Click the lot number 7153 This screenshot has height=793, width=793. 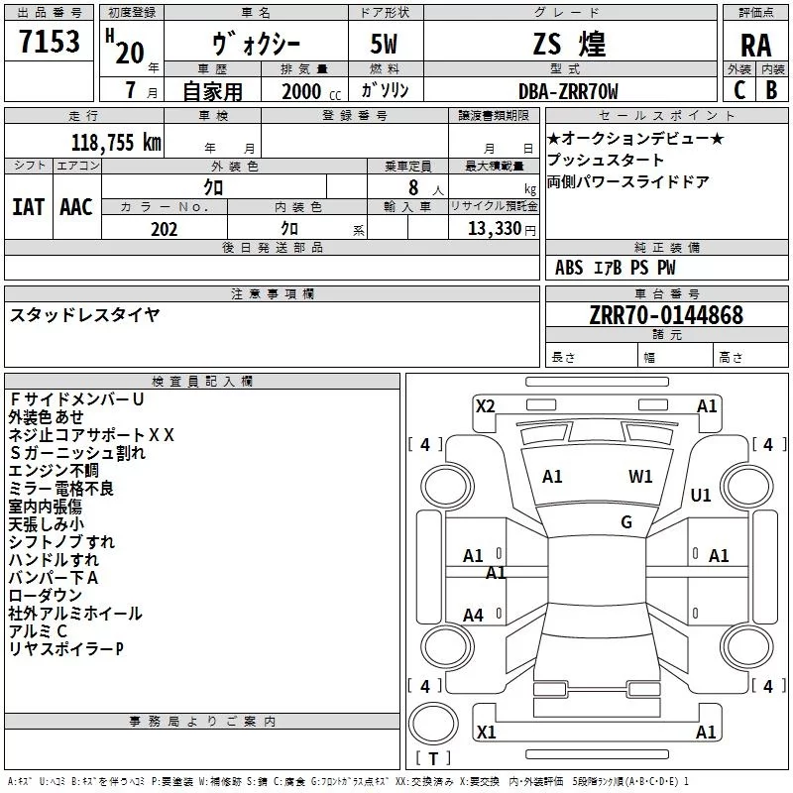[50, 41]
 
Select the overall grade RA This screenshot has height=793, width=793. [756, 46]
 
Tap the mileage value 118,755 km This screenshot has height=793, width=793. [116, 143]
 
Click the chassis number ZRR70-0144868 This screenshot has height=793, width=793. [666, 314]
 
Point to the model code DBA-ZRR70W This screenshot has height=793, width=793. [568, 91]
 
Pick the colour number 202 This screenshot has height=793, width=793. [164, 229]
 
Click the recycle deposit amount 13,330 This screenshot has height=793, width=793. [494, 229]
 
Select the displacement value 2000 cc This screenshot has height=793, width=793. [311, 91]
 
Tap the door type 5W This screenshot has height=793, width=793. [384, 44]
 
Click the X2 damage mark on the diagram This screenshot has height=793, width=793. [485, 406]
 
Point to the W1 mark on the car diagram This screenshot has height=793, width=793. [640, 477]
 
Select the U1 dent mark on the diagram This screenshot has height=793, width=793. [701, 495]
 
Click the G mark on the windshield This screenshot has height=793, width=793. [626, 521]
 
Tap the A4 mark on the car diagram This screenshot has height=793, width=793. [473, 616]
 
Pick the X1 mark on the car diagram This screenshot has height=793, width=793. [486, 732]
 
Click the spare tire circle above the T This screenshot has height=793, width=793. [433, 724]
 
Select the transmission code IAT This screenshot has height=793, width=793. [28, 207]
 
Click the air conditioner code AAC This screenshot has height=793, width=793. [76, 207]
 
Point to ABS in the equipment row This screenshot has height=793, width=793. [569, 268]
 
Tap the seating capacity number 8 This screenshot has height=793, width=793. [413, 187]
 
